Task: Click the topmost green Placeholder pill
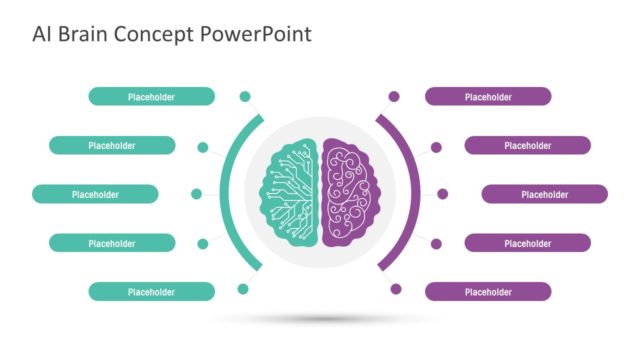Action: click(151, 97)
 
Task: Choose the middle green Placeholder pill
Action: click(95, 194)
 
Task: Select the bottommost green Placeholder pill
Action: click(151, 292)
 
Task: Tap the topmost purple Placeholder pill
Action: click(488, 97)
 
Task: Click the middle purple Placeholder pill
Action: click(544, 194)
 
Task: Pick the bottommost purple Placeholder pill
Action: click(488, 292)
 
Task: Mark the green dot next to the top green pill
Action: click(244, 97)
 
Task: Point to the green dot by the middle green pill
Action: click(196, 194)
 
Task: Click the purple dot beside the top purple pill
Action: click(394, 97)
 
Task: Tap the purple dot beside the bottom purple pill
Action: click(395, 289)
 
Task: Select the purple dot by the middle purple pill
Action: click(442, 194)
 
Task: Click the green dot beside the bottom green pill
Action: click(242, 289)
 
